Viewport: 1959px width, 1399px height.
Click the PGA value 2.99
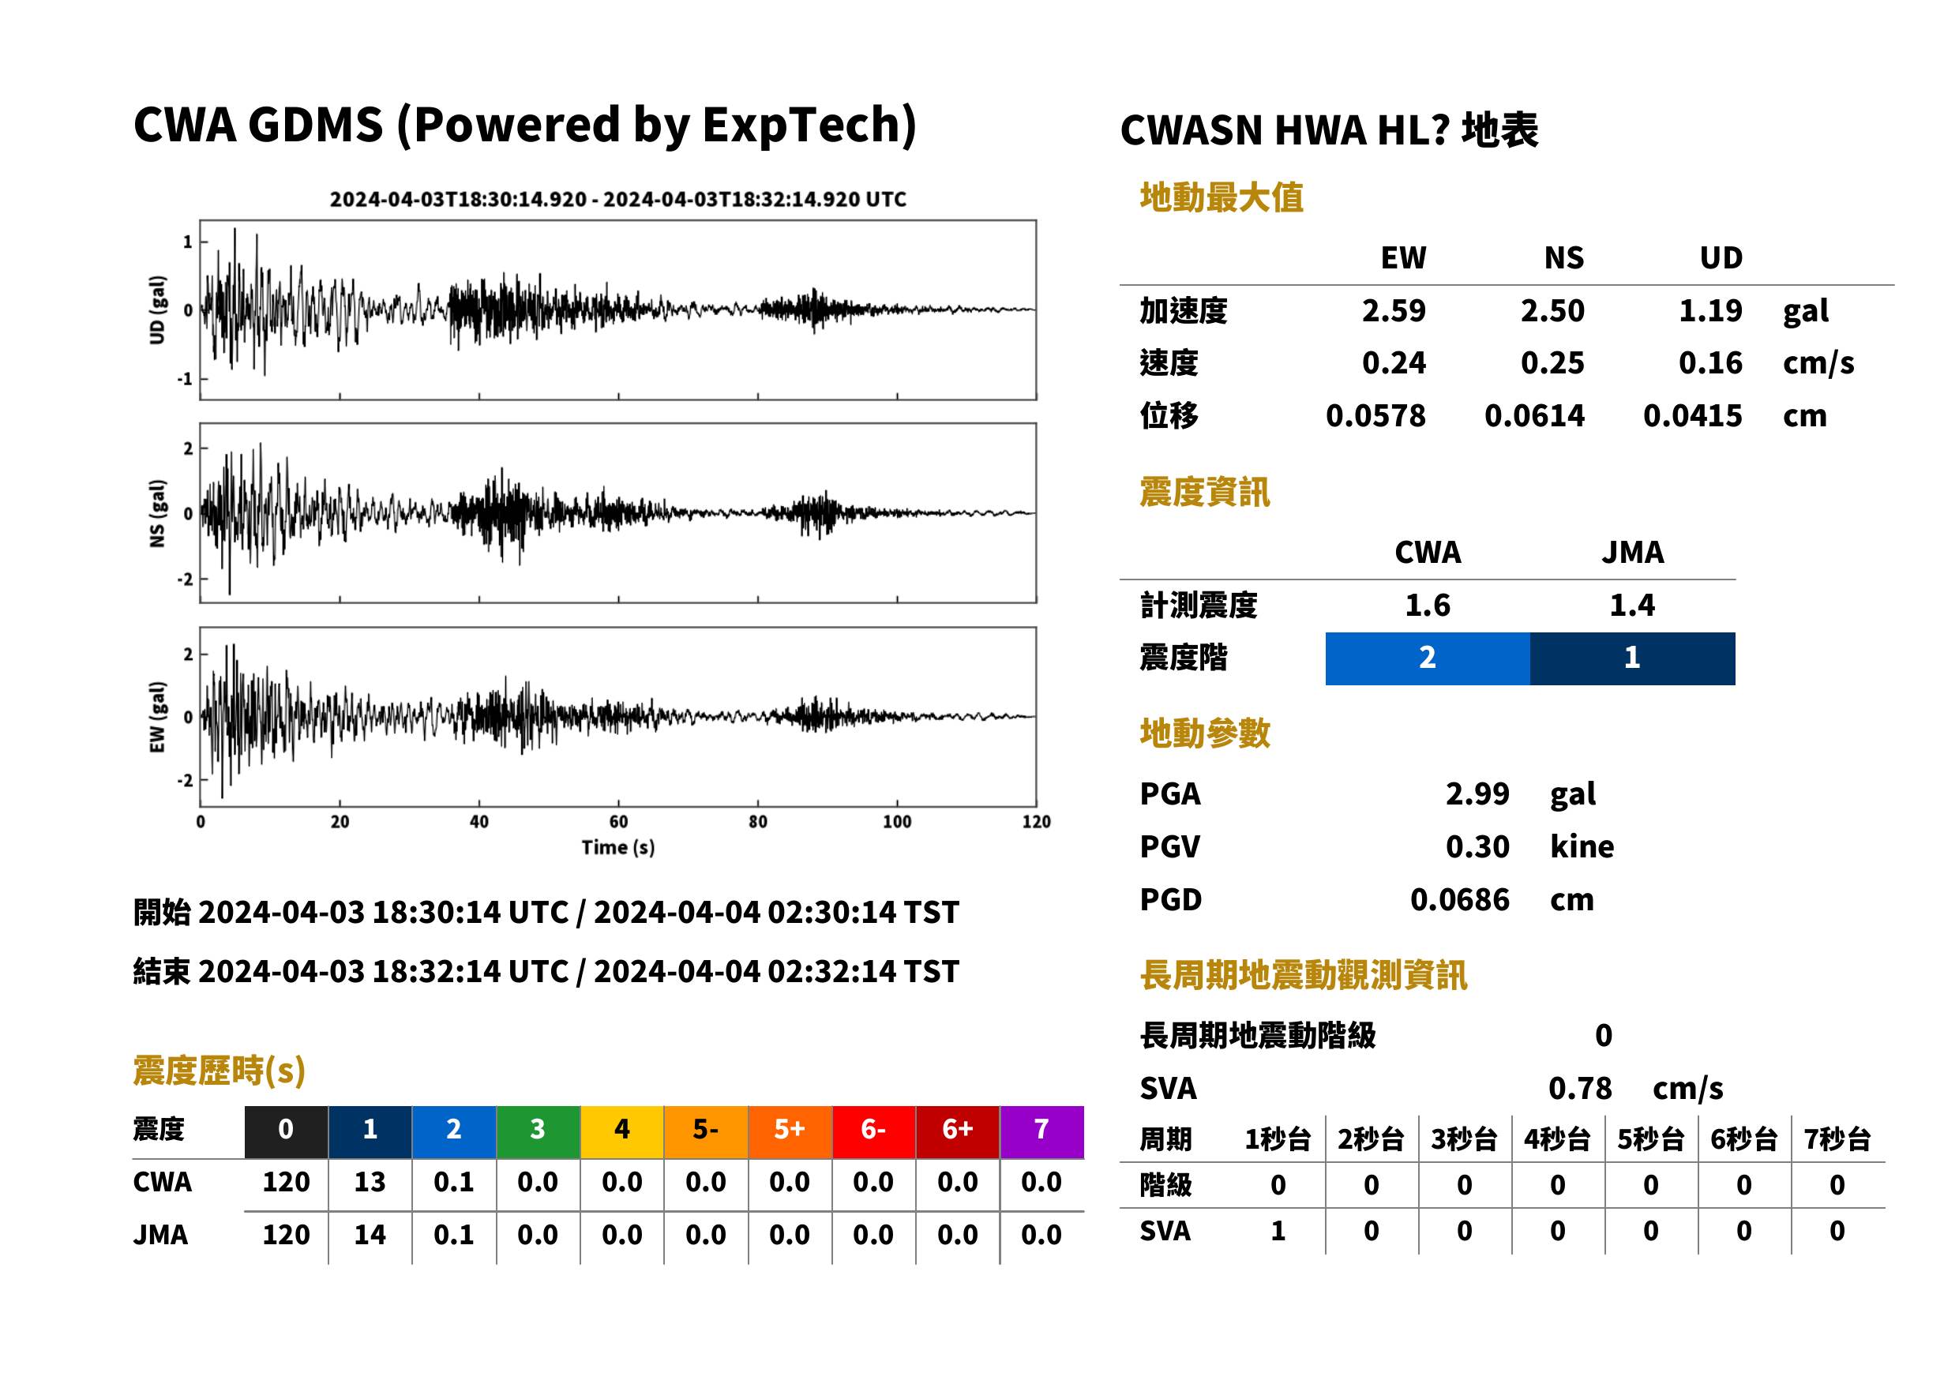point(1477,793)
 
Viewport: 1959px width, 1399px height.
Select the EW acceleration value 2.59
point(1393,310)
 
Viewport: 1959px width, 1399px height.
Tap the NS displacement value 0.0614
point(1534,416)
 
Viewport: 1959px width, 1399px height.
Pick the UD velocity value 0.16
point(1710,362)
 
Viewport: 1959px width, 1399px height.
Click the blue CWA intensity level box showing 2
point(1428,658)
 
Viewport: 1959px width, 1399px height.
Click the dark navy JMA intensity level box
point(1633,658)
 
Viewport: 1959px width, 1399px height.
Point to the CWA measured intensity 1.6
point(1428,605)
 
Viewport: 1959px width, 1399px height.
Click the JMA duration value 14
point(370,1235)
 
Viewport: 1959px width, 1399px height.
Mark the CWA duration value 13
point(370,1182)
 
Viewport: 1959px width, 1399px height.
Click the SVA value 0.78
point(1580,1088)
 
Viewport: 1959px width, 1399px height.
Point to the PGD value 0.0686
point(1460,899)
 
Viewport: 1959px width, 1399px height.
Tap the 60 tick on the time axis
point(618,822)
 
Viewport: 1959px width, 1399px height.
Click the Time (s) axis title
point(617,848)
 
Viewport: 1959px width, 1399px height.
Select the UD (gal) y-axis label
point(157,310)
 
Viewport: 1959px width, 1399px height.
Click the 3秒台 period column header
point(1464,1140)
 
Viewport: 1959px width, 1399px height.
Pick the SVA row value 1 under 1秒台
point(1278,1231)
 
